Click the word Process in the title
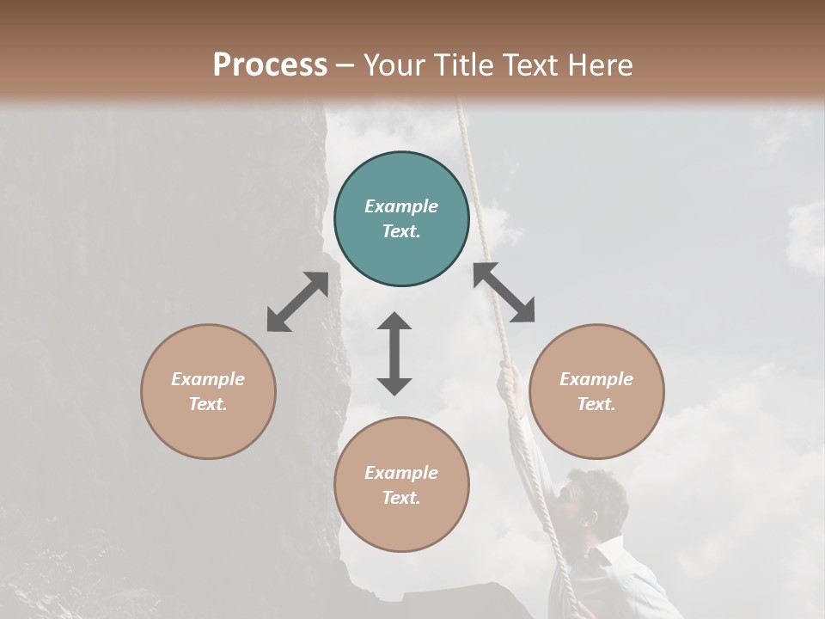pos(270,65)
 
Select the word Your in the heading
pos(394,65)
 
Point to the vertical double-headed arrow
pos(394,353)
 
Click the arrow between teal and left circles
pos(297,302)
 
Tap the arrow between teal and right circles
pos(504,292)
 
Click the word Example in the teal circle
pos(401,206)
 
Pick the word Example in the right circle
pos(596,379)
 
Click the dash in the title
pos(345,65)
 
